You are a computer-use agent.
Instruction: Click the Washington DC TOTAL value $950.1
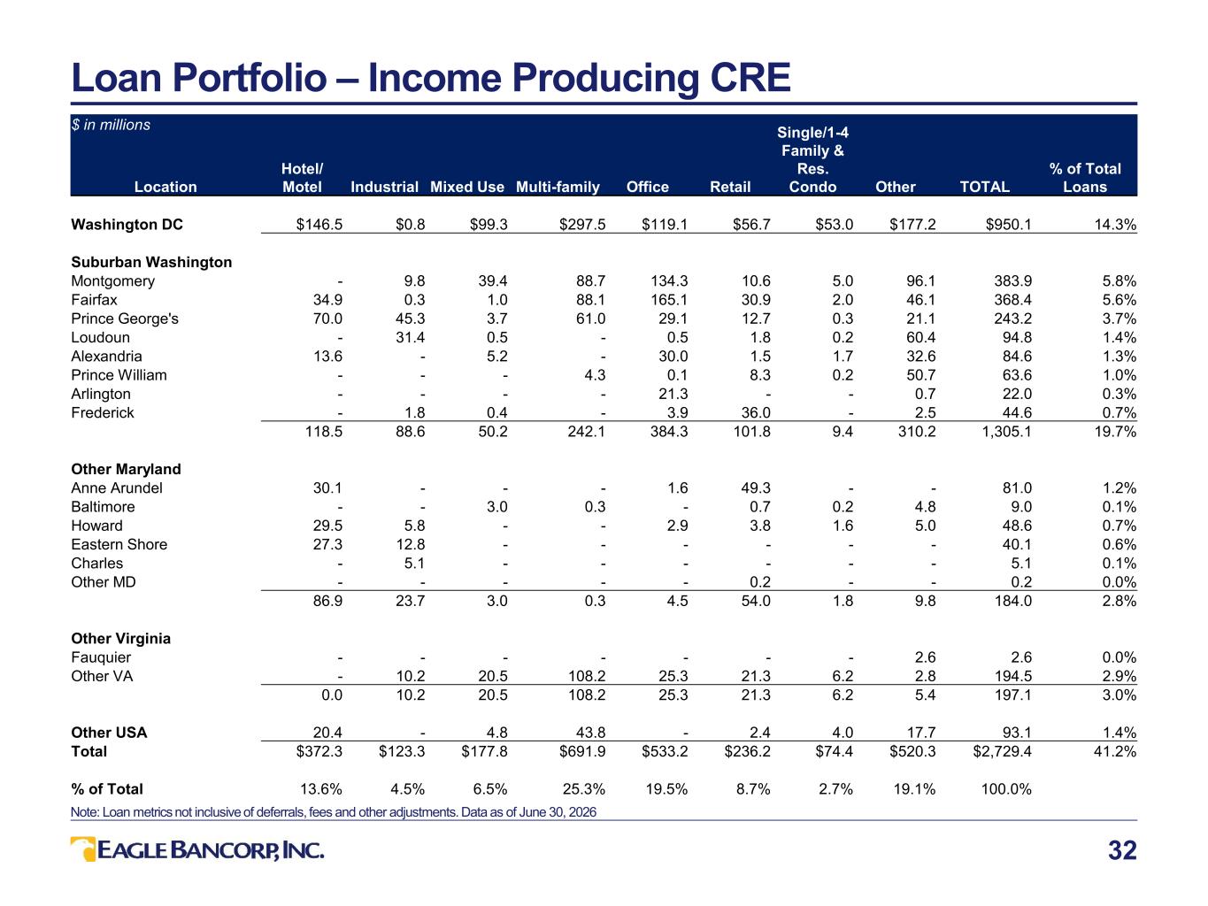coord(1008,225)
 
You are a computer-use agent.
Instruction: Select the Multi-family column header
coord(558,187)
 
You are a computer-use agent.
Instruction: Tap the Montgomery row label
coord(112,281)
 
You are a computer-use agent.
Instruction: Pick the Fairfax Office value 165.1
coord(669,300)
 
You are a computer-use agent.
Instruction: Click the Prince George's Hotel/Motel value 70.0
coord(327,319)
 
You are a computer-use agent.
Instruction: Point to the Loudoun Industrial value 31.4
coord(410,337)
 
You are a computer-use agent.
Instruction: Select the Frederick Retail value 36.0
coord(756,412)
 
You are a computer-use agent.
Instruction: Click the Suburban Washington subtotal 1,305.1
coord(1006,431)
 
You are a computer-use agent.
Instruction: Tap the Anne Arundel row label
coord(117,488)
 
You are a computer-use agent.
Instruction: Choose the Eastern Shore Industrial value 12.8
coord(410,544)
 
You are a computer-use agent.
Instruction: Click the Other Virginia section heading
coord(120,638)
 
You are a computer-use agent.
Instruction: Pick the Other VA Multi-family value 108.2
coord(587,676)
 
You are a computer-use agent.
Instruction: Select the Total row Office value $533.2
coord(665,751)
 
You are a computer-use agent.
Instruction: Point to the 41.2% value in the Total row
coord(1114,751)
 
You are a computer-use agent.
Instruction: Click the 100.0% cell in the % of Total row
coord(1006,789)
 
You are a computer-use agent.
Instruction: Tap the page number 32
coord(1122,850)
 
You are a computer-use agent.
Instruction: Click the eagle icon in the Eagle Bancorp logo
coord(83,848)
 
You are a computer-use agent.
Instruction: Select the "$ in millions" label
coord(111,125)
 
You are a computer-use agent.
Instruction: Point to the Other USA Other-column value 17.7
coord(920,733)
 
